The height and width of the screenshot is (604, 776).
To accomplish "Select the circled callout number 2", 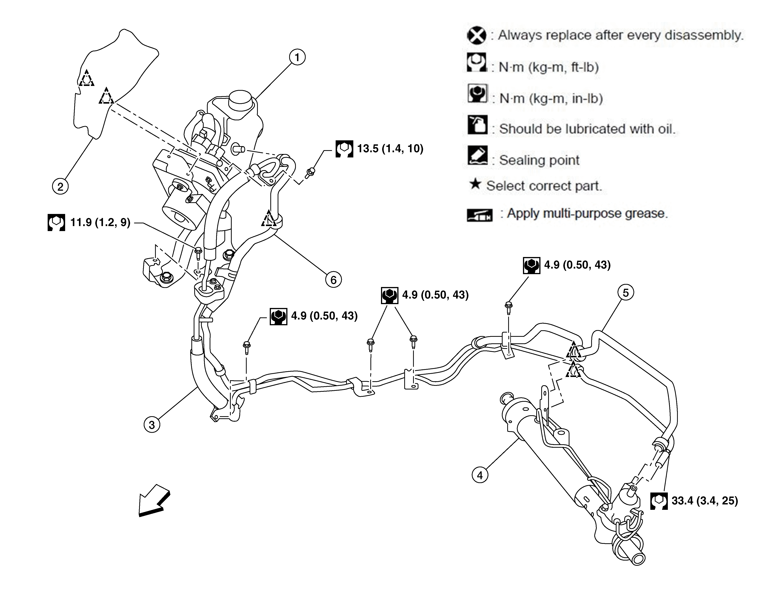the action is point(60,186).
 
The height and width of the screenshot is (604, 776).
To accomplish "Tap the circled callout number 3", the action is point(152,425).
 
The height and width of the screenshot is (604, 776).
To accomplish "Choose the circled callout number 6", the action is point(333,280).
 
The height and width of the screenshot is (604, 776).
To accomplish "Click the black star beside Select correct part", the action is point(475,184).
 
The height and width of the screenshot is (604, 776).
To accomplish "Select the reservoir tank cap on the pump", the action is point(241,99).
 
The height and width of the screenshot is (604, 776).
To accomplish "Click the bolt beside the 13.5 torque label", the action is point(310,173).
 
